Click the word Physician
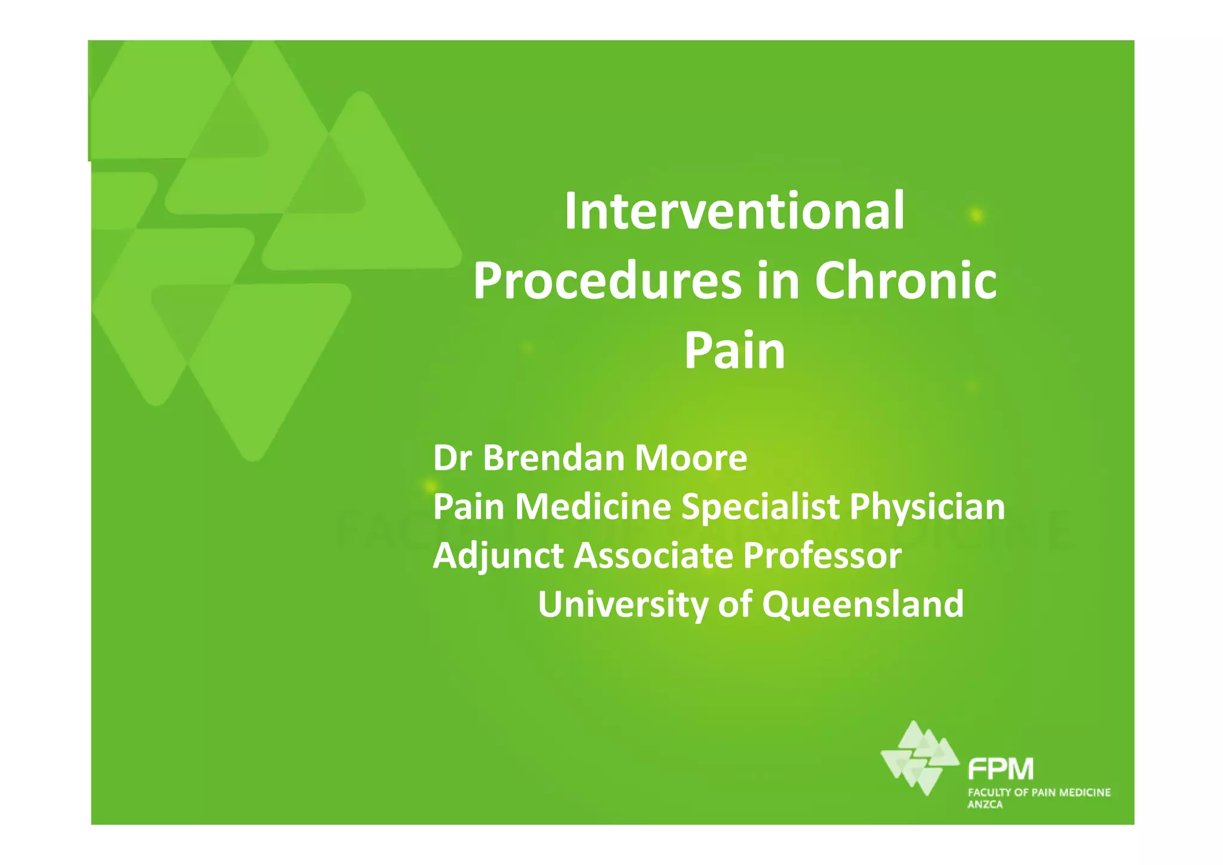click(x=927, y=507)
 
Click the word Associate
click(x=653, y=556)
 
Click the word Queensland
click(x=862, y=604)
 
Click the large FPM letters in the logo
click(x=1001, y=769)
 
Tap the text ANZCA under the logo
click(x=985, y=805)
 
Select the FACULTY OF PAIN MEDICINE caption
click(x=1038, y=793)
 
